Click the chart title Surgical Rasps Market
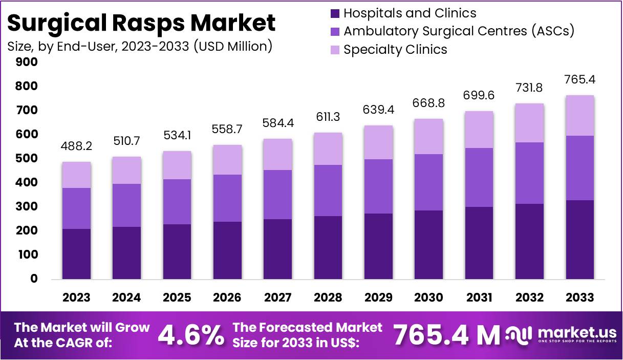click(x=141, y=23)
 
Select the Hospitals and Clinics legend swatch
click(x=335, y=13)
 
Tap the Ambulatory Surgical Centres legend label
click(x=459, y=31)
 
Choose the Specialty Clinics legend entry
click(x=395, y=50)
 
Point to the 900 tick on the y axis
click(x=27, y=62)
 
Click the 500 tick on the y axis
click(x=27, y=158)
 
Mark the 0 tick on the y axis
click(x=33, y=279)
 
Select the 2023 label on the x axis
click(x=76, y=298)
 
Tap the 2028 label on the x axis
click(x=328, y=298)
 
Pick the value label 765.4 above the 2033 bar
click(x=580, y=79)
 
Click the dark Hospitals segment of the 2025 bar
click(x=177, y=251)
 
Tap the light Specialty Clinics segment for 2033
click(x=580, y=115)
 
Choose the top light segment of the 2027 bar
click(x=278, y=154)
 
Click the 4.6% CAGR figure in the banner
click(x=190, y=335)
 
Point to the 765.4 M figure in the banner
click(x=446, y=335)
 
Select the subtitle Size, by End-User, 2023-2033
click(x=139, y=46)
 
